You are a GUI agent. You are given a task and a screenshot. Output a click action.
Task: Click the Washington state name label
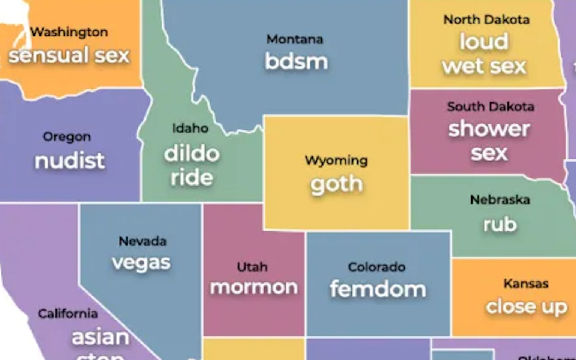click(69, 32)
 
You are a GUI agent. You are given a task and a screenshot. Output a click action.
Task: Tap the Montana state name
click(295, 39)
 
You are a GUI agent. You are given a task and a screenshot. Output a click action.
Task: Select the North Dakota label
click(486, 19)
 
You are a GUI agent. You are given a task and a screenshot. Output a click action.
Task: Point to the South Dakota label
click(490, 107)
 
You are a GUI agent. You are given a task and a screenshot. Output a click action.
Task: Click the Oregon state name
click(67, 137)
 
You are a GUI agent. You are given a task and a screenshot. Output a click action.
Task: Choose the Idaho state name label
click(190, 128)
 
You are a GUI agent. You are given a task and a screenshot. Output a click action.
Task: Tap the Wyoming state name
click(336, 160)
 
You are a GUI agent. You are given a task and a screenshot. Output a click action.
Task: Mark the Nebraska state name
click(500, 199)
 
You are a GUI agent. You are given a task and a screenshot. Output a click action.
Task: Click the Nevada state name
click(142, 241)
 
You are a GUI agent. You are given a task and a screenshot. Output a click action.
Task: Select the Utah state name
click(252, 267)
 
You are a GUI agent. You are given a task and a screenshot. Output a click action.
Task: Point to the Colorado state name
click(376, 267)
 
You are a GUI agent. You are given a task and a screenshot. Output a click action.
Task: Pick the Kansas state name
click(526, 283)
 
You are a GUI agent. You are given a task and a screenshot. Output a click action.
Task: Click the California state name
click(68, 313)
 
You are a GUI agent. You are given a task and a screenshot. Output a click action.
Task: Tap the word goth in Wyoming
click(336, 184)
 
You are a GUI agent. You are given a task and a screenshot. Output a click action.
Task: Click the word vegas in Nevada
click(141, 262)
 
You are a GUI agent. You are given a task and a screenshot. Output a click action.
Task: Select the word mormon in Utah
click(254, 288)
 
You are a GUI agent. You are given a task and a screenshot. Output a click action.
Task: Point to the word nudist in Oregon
click(69, 161)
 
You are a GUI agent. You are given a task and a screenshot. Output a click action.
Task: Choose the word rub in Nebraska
click(500, 225)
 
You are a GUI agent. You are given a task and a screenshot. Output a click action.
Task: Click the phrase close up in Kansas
click(526, 307)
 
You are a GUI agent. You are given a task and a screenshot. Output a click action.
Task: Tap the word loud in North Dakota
click(484, 42)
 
